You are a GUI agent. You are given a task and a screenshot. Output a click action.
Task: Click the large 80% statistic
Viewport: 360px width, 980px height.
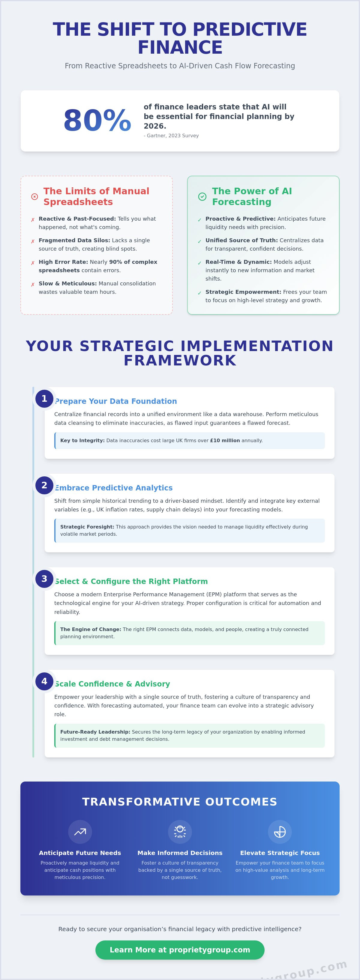pyautogui.click(x=97, y=121)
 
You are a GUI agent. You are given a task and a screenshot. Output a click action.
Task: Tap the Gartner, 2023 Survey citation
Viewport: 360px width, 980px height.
pyautogui.click(x=171, y=136)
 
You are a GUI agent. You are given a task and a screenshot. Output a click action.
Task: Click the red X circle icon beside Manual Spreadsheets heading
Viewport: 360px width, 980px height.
pyautogui.click(x=34, y=197)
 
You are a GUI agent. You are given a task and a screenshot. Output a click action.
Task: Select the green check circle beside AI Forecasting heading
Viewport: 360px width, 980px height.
pyautogui.click(x=202, y=197)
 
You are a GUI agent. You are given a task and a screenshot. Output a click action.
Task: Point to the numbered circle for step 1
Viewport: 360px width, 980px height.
pyautogui.click(x=44, y=399)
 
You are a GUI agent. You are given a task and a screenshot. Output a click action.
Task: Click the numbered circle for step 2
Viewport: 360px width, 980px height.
pyautogui.click(x=44, y=485)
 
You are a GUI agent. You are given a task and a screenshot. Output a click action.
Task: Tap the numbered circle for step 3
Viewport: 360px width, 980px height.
pyautogui.click(x=44, y=579)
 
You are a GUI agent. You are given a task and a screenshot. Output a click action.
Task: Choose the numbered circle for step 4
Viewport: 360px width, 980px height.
pyautogui.click(x=44, y=681)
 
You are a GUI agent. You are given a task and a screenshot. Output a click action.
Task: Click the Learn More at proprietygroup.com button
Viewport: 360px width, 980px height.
pyautogui.click(x=180, y=950)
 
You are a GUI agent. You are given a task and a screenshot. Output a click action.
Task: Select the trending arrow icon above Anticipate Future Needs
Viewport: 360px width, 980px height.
pyautogui.click(x=80, y=832)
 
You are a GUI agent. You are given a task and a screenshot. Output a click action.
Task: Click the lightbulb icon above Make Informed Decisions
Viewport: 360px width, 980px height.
pyautogui.click(x=180, y=832)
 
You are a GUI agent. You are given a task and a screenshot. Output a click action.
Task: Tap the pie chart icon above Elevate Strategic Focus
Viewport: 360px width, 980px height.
pyautogui.click(x=280, y=832)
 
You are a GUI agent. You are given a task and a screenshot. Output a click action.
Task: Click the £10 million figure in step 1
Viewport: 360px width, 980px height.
pyautogui.click(x=225, y=441)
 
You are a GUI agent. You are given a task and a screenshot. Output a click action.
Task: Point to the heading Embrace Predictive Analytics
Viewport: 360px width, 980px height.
pyautogui.click(x=114, y=488)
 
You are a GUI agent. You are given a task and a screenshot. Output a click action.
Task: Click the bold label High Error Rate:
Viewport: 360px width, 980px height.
pyautogui.click(x=63, y=262)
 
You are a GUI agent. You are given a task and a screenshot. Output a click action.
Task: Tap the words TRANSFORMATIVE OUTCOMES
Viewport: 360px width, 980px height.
pyautogui.click(x=180, y=802)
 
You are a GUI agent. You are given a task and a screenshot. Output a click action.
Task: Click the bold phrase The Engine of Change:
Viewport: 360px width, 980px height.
pyautogui.click(x=91, y=630)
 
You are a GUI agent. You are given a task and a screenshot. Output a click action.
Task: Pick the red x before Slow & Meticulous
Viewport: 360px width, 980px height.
pyautogui.click(x=33, y=284)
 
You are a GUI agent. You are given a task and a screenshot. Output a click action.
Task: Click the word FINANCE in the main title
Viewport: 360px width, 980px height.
pyautogui.click(x=180, y=48)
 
